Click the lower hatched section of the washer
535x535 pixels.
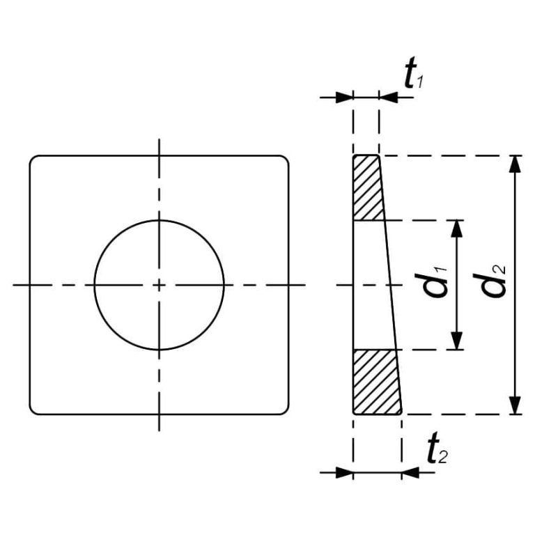(375, 382)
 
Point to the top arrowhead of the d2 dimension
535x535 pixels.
(514, 164)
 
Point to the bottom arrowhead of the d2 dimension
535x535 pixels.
(514, 405)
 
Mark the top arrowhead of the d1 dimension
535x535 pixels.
(456, 229)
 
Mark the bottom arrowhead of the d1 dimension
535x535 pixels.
(456, 341)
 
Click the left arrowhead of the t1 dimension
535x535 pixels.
(344, 98)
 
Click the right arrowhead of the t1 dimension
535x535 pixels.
(389, 98)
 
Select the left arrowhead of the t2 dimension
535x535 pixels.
(344, 472)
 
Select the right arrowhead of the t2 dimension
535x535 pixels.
(411, 472)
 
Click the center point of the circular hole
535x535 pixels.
(160, 285)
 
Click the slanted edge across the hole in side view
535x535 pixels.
(389, 285)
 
